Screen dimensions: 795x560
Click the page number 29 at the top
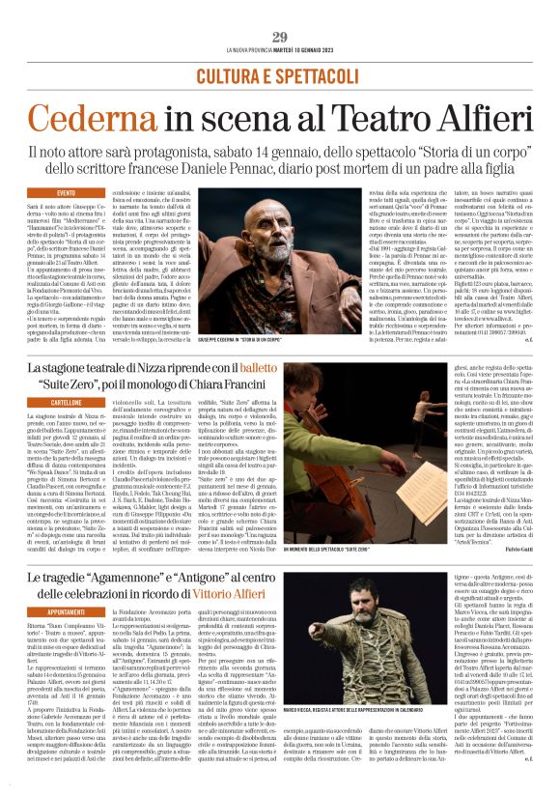click(280, 37)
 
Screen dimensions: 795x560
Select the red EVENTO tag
click(66, 194)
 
